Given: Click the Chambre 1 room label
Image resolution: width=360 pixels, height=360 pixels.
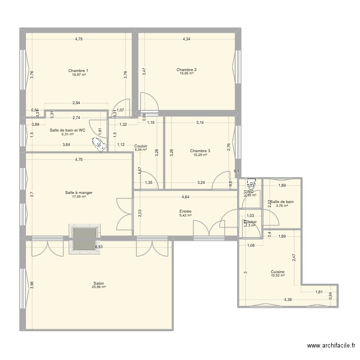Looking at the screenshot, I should tap(78, 71).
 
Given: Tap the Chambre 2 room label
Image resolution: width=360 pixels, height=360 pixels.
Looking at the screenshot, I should tap(186, 70).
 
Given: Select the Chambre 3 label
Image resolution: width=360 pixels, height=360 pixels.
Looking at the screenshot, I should tap(200, 150).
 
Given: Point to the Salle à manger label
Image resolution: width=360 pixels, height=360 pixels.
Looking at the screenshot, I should tap(79, 192).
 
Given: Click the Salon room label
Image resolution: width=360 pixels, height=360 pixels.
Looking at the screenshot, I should tap(99, 283).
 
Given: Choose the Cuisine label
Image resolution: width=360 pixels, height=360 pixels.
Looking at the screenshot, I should tap(277, 272).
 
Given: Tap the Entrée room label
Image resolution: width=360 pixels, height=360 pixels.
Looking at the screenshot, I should tap(185, 211).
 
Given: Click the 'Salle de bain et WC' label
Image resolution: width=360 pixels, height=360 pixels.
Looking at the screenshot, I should tap(68, 130).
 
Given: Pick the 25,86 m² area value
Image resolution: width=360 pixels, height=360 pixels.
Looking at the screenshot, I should tap(99, 287).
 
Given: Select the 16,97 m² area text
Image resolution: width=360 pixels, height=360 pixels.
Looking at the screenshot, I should tap(78, 75).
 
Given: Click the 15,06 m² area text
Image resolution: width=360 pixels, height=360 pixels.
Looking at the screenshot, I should tap(186, 73).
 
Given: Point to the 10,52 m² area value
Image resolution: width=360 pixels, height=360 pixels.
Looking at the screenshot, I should tap(277, 276).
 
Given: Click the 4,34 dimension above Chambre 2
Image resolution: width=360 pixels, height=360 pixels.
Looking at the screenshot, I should tap(186, 39).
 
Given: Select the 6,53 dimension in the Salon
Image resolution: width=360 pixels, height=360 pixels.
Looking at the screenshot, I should tap(98, 247).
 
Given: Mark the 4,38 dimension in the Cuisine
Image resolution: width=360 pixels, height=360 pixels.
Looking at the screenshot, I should tap(288, 300).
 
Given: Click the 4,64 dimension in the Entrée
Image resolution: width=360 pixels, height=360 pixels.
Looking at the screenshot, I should tap(185, 196).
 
